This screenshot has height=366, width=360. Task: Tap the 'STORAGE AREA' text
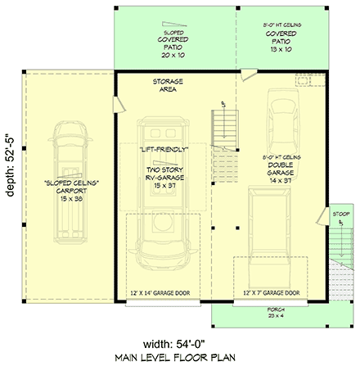167,87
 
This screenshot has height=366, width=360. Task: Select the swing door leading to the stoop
322,225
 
